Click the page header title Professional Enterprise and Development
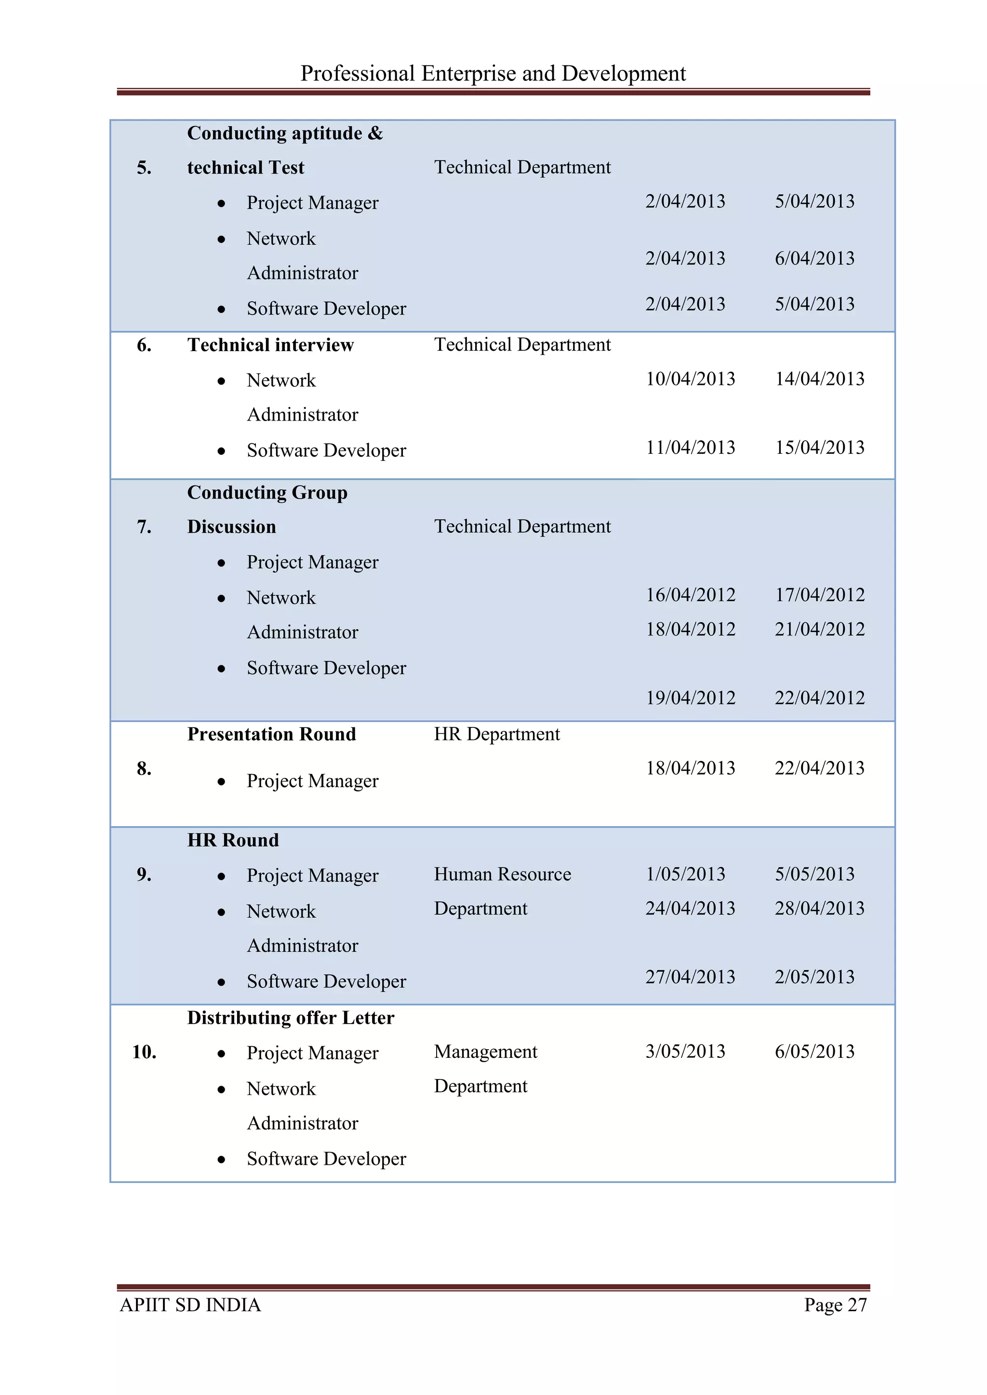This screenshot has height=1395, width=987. point(493,74)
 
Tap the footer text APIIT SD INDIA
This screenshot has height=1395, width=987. point(190,1304)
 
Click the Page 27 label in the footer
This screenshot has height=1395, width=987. point(835,1304)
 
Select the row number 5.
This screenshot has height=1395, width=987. point(144,168)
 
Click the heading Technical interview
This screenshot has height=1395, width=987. point(270,345)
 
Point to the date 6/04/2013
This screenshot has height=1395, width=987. point(814,258)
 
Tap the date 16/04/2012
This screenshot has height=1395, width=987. point(691,595)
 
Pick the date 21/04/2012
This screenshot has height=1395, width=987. point(819,630)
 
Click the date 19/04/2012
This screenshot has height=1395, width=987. point(691,698)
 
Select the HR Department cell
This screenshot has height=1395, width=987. point(496,734)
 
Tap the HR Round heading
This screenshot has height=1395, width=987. point(233,840)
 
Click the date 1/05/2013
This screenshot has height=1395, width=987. point(685,874)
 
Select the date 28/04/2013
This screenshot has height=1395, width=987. point(819,908)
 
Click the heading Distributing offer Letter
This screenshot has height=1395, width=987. point(291,1018)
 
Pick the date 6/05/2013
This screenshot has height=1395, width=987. point(814,1052)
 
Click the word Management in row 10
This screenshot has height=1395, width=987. point(486,1052)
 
